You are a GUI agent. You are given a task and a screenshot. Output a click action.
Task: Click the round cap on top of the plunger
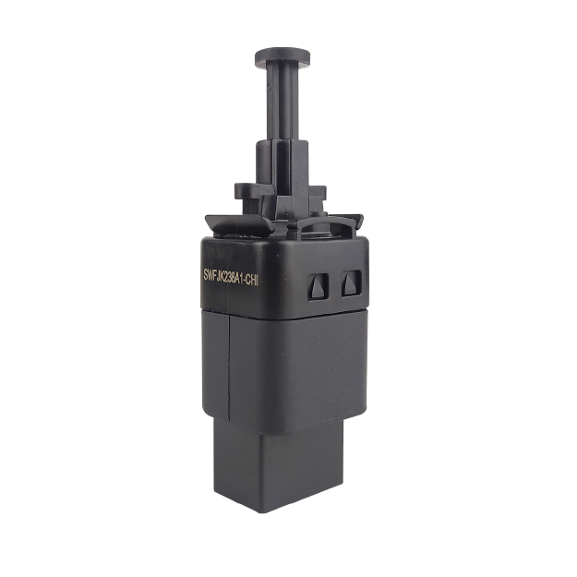[x=282, y=57]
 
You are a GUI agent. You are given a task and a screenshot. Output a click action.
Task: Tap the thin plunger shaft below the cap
[x=282, y=103]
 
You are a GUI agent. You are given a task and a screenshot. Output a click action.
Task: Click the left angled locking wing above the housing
[x=239, y=225]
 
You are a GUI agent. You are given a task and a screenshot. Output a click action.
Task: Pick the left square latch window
[x=319, y=287]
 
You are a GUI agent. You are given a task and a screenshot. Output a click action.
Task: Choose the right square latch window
[x=352, y=283]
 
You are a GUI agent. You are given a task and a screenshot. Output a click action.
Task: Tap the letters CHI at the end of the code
[x=252, y=281]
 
